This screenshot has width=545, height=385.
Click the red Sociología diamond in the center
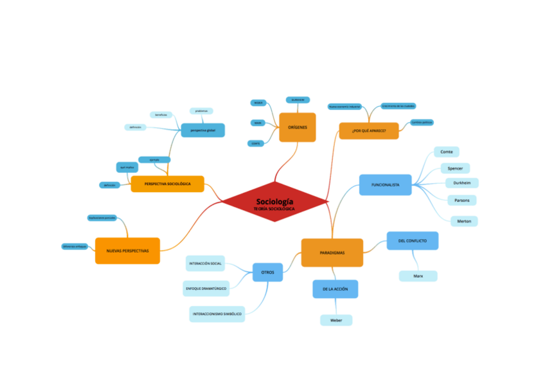[275, 204]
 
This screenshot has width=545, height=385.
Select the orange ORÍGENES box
[297, 127]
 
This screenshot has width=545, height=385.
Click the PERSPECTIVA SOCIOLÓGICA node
[167, 184]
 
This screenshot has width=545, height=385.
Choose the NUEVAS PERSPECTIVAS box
[127, 251]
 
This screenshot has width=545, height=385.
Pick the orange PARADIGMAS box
[332, 253]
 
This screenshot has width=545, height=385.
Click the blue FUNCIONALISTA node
[386, 184]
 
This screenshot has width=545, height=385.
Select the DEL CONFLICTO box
[412, 240]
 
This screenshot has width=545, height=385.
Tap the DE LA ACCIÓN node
[335, 289]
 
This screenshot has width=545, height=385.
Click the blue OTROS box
[267, 273]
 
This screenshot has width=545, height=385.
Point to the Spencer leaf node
[455, 168]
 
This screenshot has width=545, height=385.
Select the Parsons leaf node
[461, 200]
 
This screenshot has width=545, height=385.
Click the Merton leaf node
[463, 221]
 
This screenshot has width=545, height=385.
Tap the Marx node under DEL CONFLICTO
[418, 276]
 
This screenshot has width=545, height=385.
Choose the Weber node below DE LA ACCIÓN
[336, 320]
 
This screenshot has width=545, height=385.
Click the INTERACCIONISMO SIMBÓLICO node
[217, 314]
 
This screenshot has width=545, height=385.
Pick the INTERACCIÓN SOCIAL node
[206, 264]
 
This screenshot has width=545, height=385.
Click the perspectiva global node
[202, 130]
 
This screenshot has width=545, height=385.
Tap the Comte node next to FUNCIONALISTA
[446, 152]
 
